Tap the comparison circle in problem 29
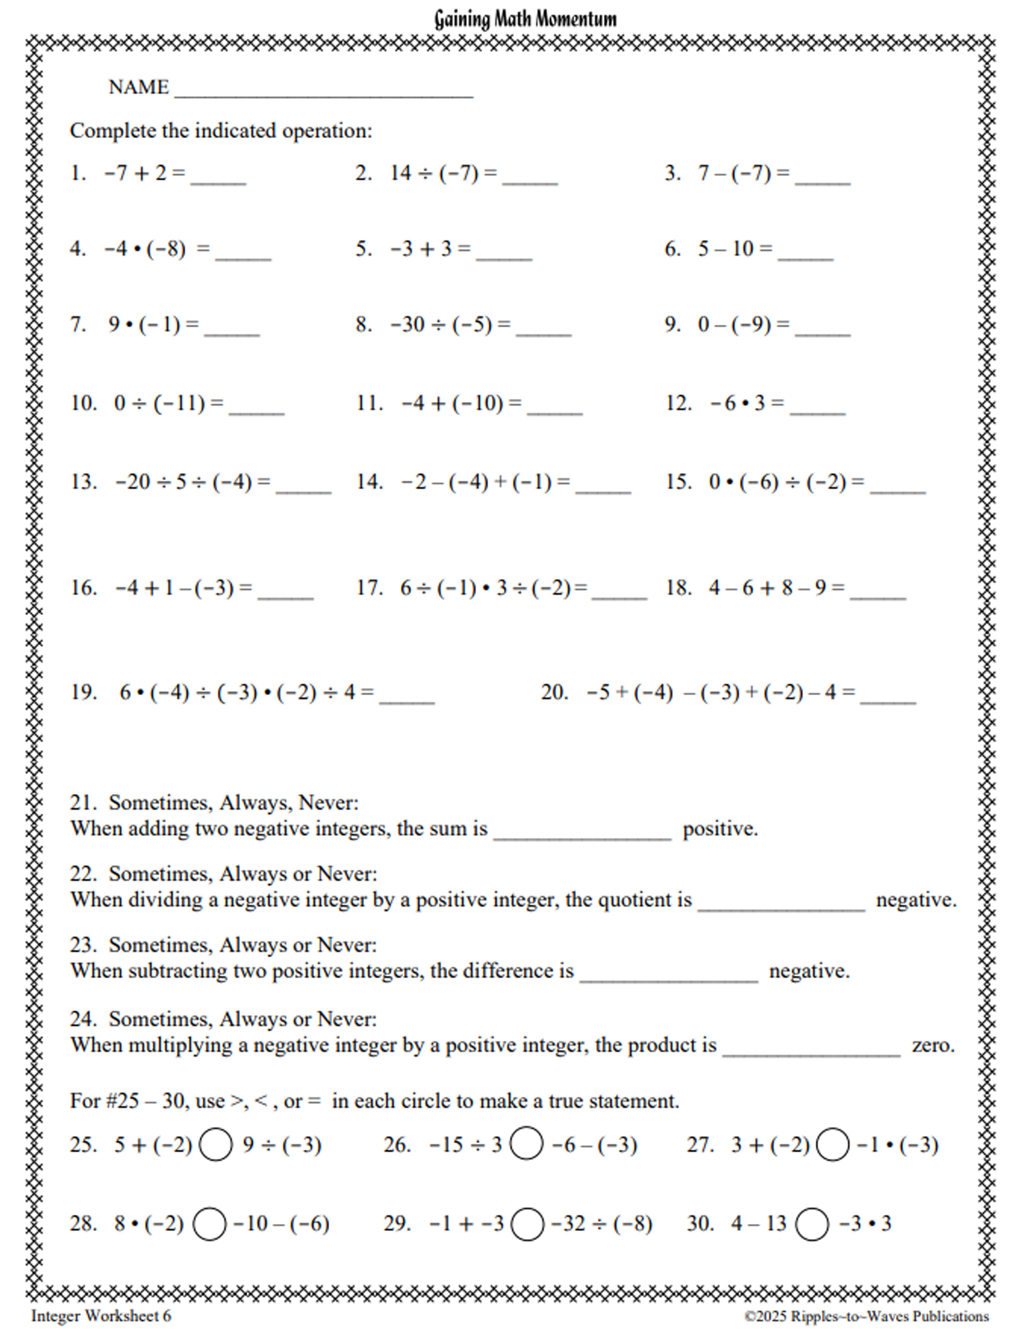(527, 1224)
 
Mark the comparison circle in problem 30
(812, 1224)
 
